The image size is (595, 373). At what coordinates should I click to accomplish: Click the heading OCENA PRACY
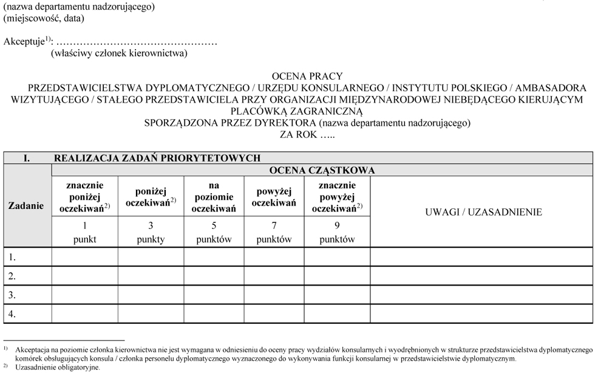[307, 77]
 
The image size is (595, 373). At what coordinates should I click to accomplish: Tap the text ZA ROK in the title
[299, 134]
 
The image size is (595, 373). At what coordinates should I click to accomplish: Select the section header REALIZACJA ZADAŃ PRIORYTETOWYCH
[157, 158]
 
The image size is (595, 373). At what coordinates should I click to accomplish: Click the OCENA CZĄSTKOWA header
[322, 170]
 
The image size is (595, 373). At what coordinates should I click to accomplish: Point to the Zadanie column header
[26, 205]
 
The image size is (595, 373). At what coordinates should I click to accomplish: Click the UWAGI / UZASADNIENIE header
[483, 212]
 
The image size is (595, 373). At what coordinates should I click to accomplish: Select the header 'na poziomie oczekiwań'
[214, 197]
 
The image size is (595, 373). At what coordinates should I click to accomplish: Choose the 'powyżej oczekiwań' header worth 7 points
[274, 197]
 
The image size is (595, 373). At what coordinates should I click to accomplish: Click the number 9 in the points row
[337, 225]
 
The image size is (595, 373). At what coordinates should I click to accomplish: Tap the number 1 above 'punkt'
[84, 225]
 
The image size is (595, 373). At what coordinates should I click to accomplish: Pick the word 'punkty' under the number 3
[151, 239]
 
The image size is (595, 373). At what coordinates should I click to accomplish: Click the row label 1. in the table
[12, 257]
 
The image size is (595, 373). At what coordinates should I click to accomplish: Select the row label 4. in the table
[12, 313]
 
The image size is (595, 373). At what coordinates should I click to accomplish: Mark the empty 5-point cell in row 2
[214, 276]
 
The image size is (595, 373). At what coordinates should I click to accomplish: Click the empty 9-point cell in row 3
[337, 295]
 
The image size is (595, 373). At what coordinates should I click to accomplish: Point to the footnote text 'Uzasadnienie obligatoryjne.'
[58, 367]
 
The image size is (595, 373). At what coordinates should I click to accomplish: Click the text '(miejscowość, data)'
[44, 18]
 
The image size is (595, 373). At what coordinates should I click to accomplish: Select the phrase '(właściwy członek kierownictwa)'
[119, 53]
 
